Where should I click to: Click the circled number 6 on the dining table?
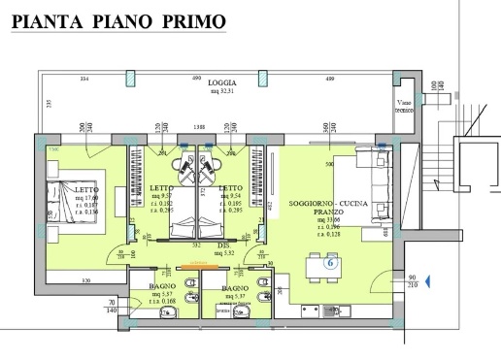330,262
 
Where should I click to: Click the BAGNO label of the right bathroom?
234,288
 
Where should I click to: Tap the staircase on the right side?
476,194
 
